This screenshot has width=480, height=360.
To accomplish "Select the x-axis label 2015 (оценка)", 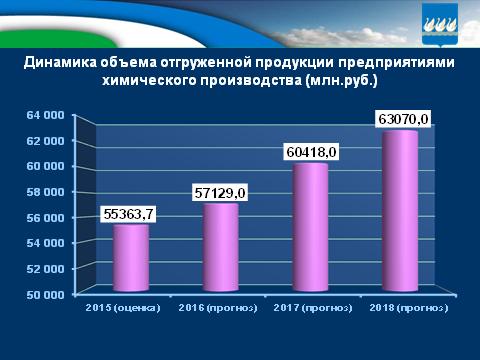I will pos(127,308).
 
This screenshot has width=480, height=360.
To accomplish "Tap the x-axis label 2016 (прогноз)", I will pos(218,308).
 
